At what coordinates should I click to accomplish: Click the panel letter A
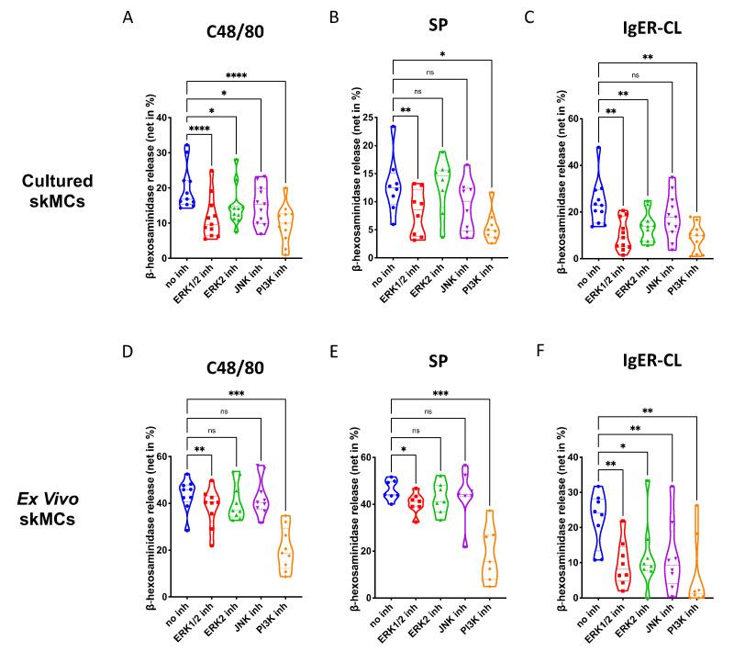128,18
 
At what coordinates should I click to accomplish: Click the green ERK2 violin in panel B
443,194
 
